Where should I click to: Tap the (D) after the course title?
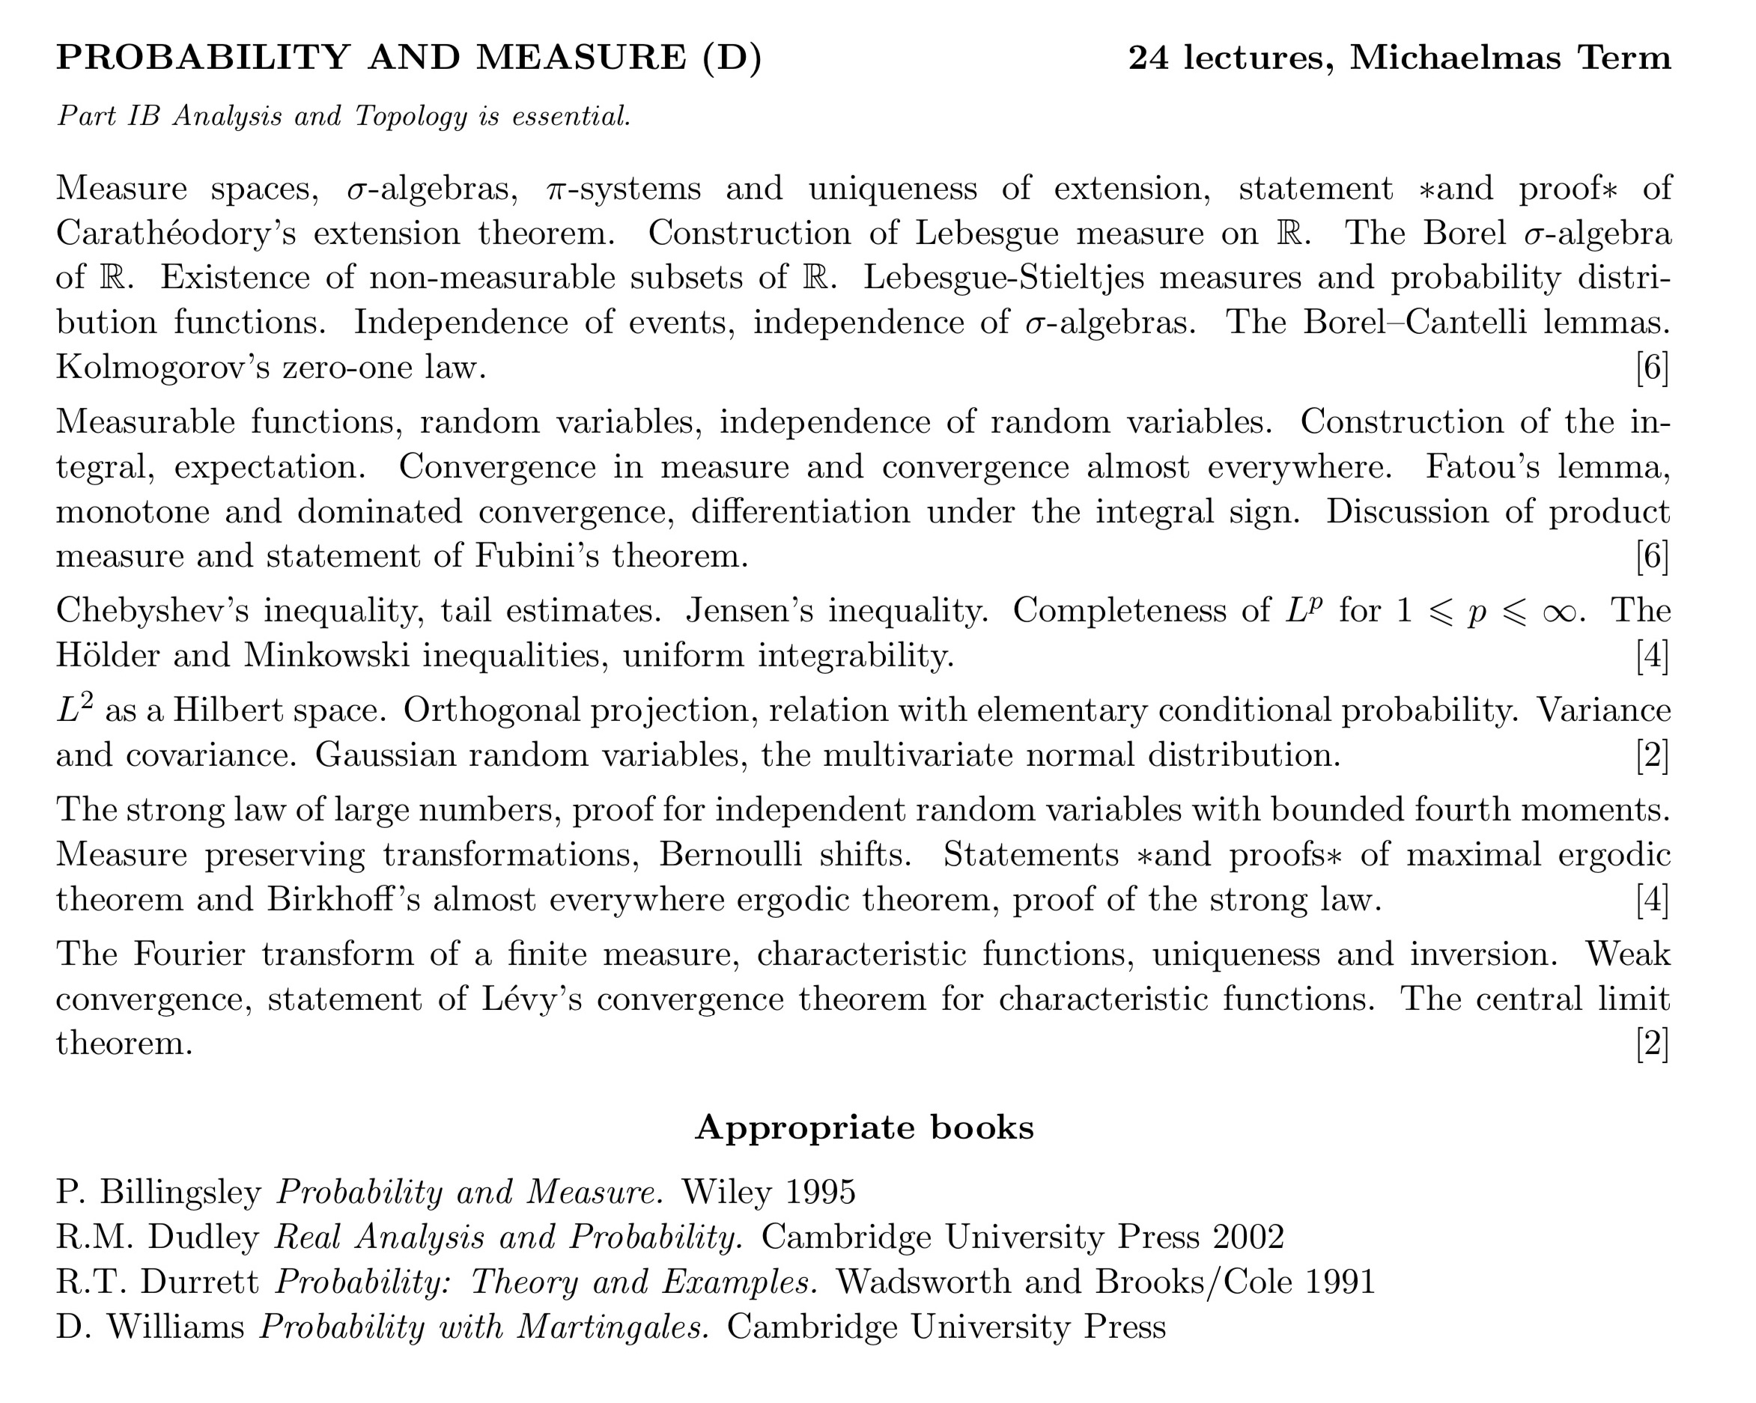(732, 58)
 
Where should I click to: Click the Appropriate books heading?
(864, 1127)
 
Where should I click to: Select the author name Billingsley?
(180, 1193)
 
